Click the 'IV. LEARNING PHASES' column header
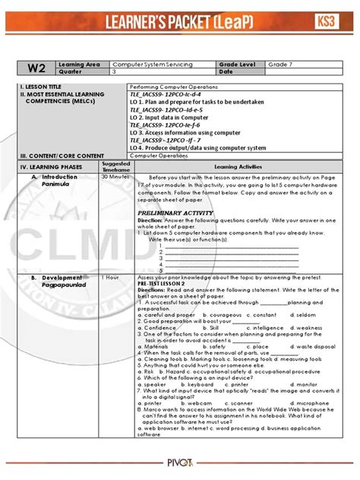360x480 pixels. [52, 165]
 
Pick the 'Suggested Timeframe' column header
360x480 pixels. [115, 165]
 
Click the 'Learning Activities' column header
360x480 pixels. [237, 165]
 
